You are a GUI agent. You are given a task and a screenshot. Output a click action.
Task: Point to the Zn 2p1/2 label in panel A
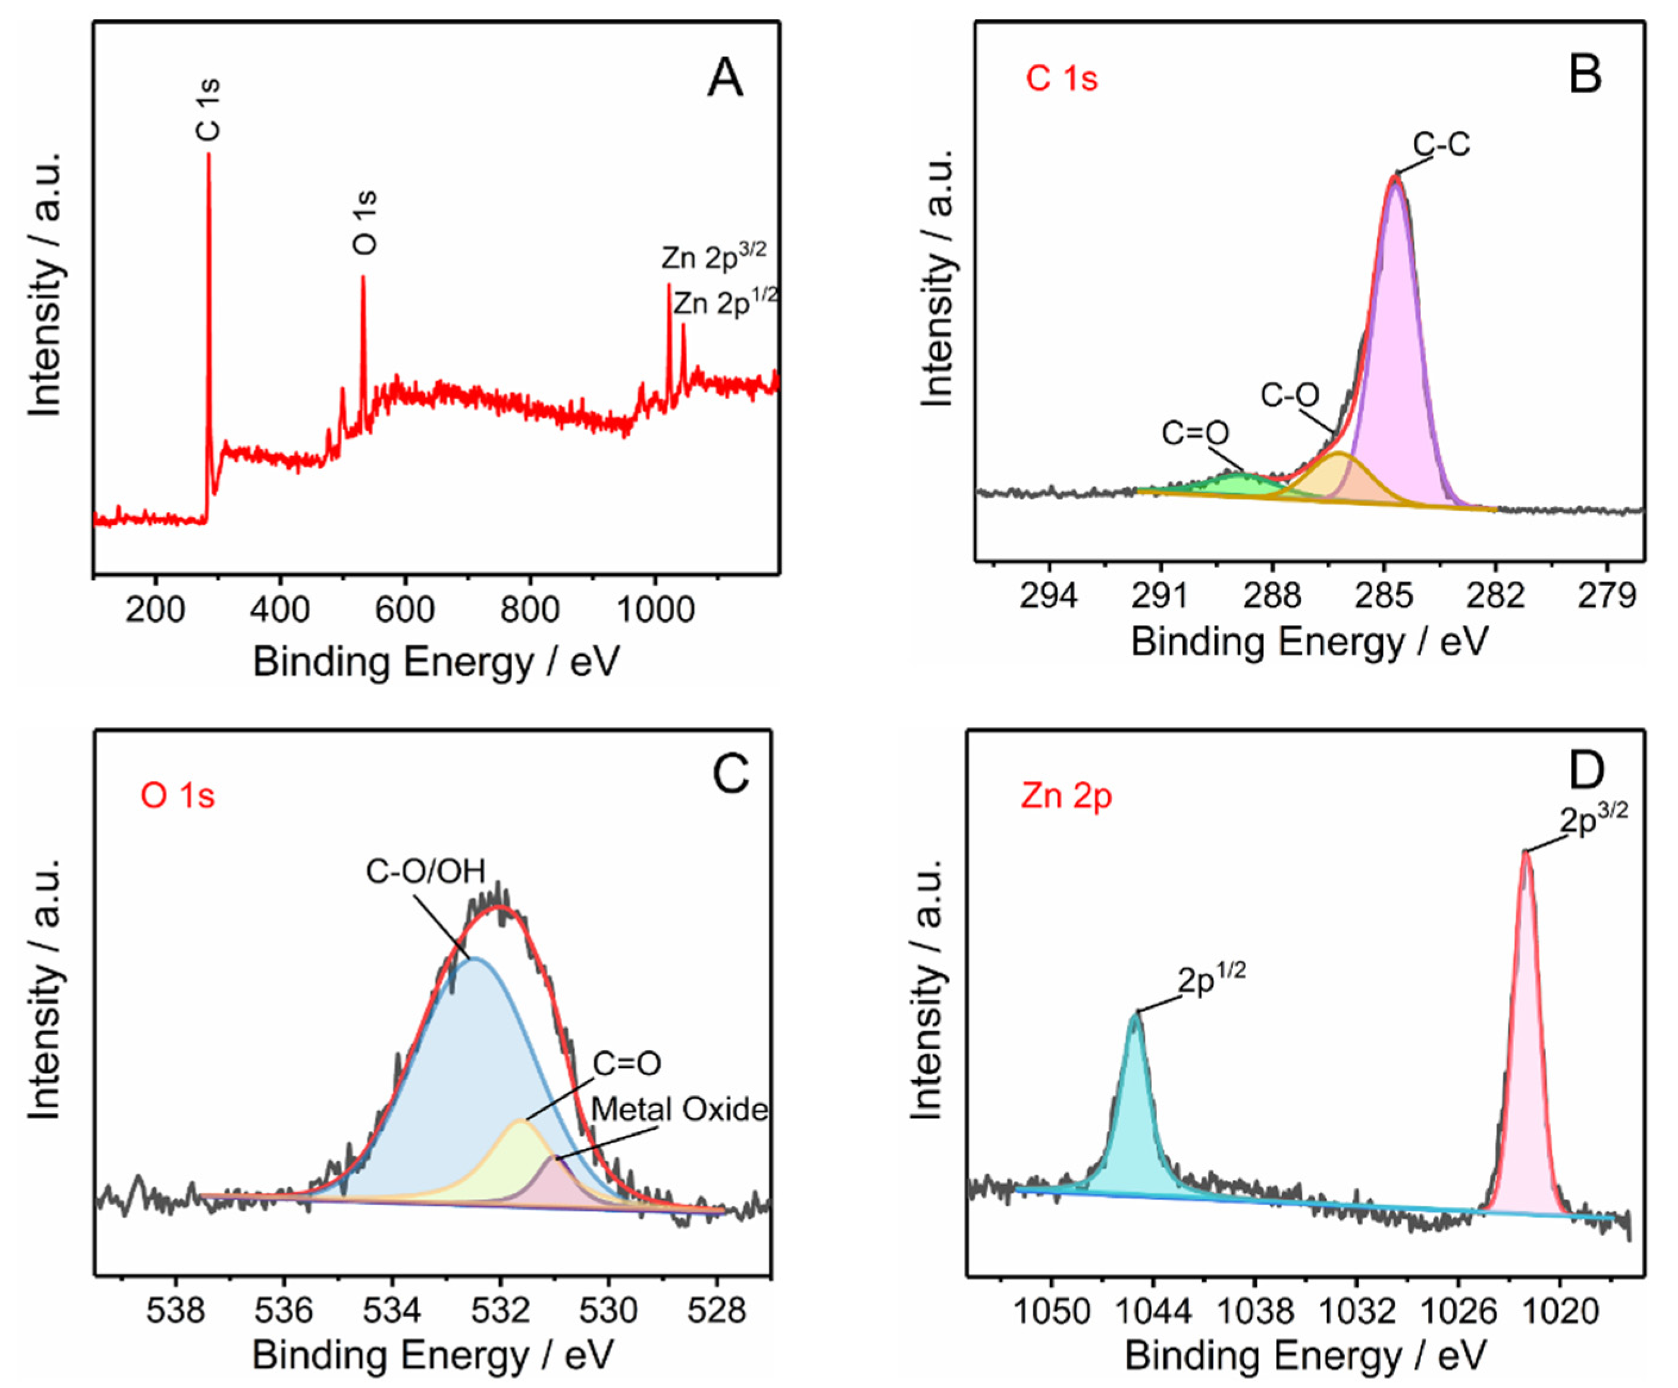click(x=724, y=303)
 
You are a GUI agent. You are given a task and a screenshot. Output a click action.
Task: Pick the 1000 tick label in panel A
click(x=656, y=611)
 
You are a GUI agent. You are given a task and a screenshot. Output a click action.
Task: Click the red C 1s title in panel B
click(x=1062, y=79)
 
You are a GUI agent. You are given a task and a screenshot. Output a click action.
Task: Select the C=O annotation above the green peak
click(x=1196, y=433)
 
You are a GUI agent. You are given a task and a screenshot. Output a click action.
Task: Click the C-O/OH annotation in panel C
click(x=425, y=871)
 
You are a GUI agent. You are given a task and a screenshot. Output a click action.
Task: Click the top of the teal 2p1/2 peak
click(x=1135, y=1016)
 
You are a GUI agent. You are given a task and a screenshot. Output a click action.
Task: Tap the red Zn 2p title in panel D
click(x=1066, y=796)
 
